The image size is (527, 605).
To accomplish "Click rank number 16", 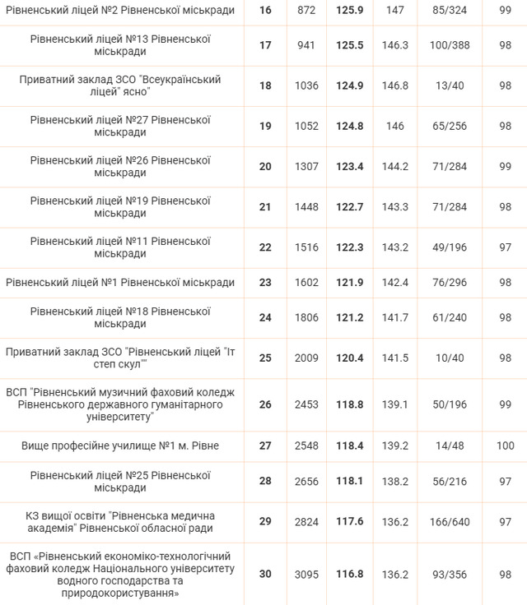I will (264, 11).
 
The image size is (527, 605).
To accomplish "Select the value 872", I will (305, 11).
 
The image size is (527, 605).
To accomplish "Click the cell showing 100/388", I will (450, 45).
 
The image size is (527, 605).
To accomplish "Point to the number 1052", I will (305, 126).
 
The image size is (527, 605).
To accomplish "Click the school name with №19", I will (120, 207).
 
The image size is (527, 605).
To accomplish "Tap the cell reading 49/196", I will (450, 247).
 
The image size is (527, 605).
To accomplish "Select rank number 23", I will (264, 282).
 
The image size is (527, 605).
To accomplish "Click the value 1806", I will (305, 317).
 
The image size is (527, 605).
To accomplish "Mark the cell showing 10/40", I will (450, 358).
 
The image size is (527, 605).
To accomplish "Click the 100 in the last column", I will (505, 446).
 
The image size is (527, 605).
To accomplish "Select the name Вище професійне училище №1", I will (120, 446).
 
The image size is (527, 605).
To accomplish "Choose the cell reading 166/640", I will (450, 522).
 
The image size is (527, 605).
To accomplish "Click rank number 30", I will (264, 574).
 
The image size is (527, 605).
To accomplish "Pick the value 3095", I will (305, 574).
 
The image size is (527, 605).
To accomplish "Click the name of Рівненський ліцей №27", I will (120, 126).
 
